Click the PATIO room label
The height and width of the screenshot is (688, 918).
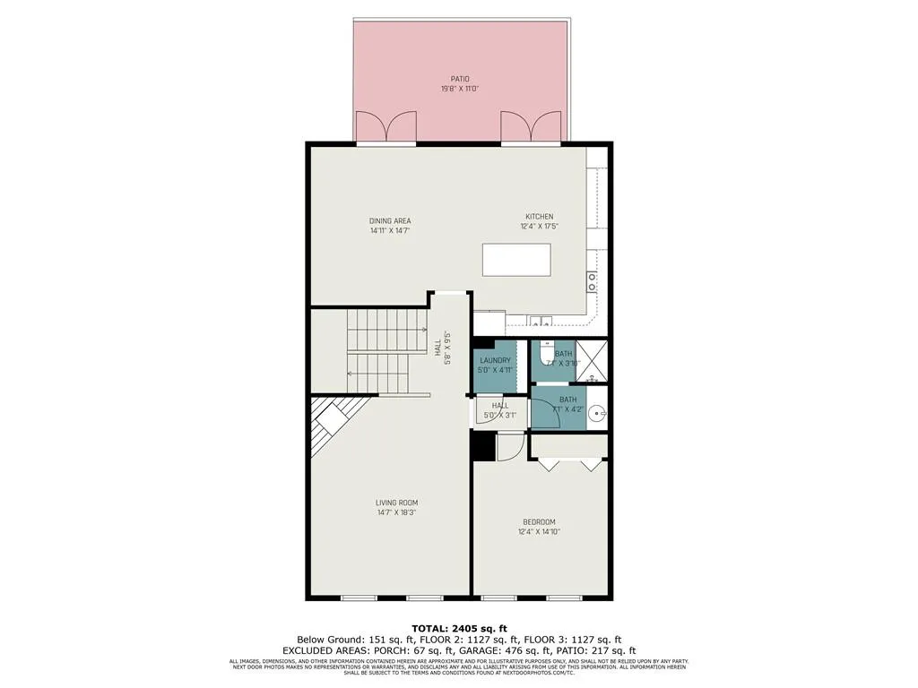tap(459, 79)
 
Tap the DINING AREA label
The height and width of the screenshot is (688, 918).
tap(390, 220)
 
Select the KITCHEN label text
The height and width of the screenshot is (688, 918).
tap(539, 217)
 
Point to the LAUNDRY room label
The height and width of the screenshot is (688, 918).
tap(494, 360)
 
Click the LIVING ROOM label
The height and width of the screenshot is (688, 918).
tap(396, 503)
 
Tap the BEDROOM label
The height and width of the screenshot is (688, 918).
tap(539, 522)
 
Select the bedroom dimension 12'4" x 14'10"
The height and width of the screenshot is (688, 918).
tap(539, 532)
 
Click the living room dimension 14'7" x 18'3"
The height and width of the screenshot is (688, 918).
tap(396, 512)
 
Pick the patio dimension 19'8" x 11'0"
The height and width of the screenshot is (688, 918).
tap(459, 89)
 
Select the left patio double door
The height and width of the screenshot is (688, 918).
tap(385, 126)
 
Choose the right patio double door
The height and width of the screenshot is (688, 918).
tap(531, 126)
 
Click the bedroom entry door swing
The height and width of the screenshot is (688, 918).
tap(508, 446)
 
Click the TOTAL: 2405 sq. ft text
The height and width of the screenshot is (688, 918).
tap(459, 627)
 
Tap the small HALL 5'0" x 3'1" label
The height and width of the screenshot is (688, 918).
tap(499, 410)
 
